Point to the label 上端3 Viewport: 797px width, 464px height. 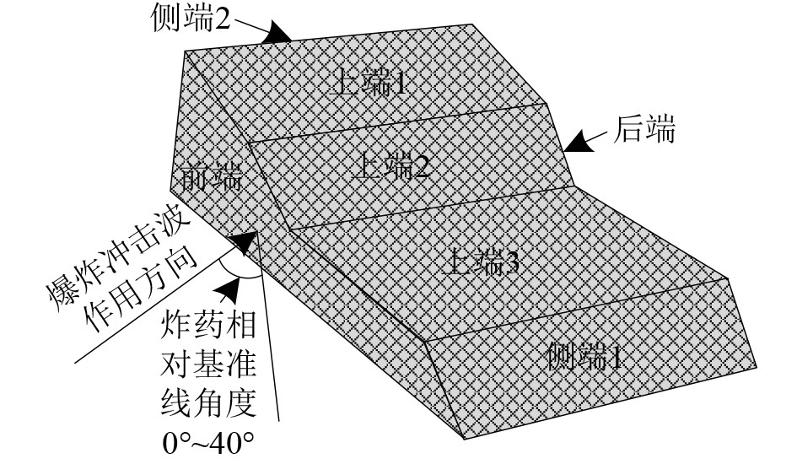tap(480, 262)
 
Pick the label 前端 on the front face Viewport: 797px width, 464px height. tap(212, 177)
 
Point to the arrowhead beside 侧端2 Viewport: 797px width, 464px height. tap(277, 34)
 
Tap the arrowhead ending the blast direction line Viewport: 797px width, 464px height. tap(244, 243)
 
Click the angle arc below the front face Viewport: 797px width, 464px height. tap(239, 273)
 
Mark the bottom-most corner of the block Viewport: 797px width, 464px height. tap(464, 440)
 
